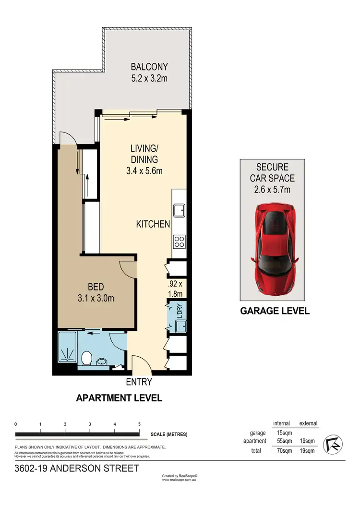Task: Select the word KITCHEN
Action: point(153,224)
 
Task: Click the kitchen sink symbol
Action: point(180,210)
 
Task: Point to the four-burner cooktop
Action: point(180,241)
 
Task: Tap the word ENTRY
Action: point(139,382)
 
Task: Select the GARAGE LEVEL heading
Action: point(275,311)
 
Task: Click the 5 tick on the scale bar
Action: point(139,424)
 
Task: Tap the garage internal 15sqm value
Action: point(281,433)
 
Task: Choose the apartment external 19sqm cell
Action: point(307,441)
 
